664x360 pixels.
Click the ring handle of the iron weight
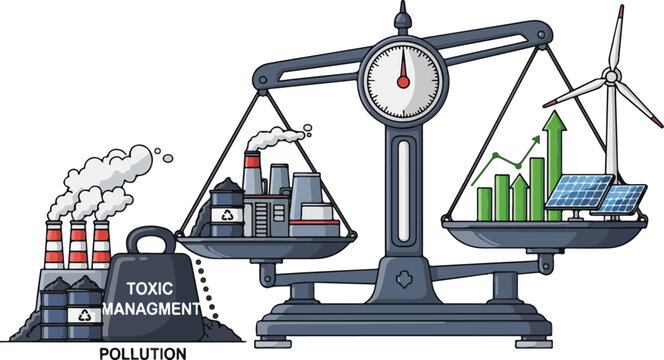(154, 241)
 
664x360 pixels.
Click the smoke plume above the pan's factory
(285, 139)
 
